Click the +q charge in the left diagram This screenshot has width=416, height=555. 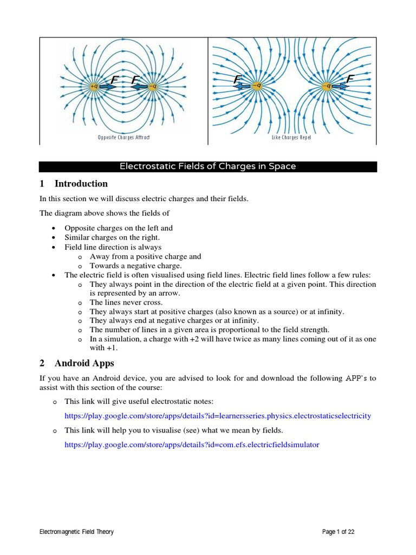[x=95, y=86]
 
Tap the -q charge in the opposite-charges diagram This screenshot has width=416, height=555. [x=153, y=86]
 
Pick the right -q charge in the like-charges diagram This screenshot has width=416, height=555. [x=327, y=85]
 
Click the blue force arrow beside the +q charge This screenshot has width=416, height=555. [x=108, y=86]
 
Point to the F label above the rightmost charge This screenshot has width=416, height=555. [x=349, y=80]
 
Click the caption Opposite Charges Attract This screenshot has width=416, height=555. [x=123, y=138]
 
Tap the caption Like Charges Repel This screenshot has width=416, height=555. [x=291, y=138]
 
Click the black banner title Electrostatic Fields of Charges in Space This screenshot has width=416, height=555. [x=208, y=166]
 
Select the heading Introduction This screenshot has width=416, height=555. [x=81, y=183]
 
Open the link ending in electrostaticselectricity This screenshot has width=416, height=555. [x=218, y=416]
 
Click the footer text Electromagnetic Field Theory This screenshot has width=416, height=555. [x=77, y=532]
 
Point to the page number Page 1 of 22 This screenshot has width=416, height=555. [x=338, y=532]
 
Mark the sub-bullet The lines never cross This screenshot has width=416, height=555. [x=126, y=302]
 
